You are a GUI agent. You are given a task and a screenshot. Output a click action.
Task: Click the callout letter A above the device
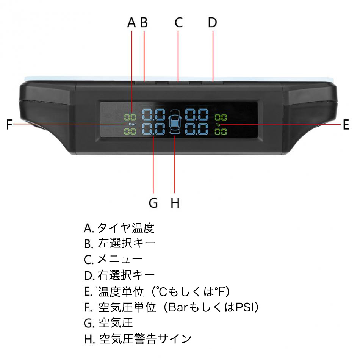coord(131,22)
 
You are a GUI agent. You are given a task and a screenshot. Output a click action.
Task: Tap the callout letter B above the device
coord(144,22)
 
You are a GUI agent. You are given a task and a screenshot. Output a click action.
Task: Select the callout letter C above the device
coord(178,22)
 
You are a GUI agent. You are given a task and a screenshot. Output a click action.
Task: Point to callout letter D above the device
coord(213,22)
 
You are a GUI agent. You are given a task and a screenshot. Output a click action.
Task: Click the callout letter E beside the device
coord(346,125)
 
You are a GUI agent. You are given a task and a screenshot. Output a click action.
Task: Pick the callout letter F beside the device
coord(9,124)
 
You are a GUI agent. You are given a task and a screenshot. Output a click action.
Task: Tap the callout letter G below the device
coord(153,203)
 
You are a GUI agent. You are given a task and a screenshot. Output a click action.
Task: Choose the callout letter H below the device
coord(175,203)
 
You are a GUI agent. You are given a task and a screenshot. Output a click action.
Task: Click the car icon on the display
coord(175,121)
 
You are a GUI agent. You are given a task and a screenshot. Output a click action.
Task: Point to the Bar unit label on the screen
coord(132,124)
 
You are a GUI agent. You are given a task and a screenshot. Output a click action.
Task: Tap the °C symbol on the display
coord(218,125)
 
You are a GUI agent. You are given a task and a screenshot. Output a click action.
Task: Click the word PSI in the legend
coord(245,307)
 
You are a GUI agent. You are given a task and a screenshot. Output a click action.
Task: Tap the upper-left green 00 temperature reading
coord(130,117)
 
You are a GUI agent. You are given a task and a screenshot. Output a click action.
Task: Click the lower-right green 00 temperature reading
coord(221,132)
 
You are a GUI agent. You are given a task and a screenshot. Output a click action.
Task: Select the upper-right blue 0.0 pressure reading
coord(197,114)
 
